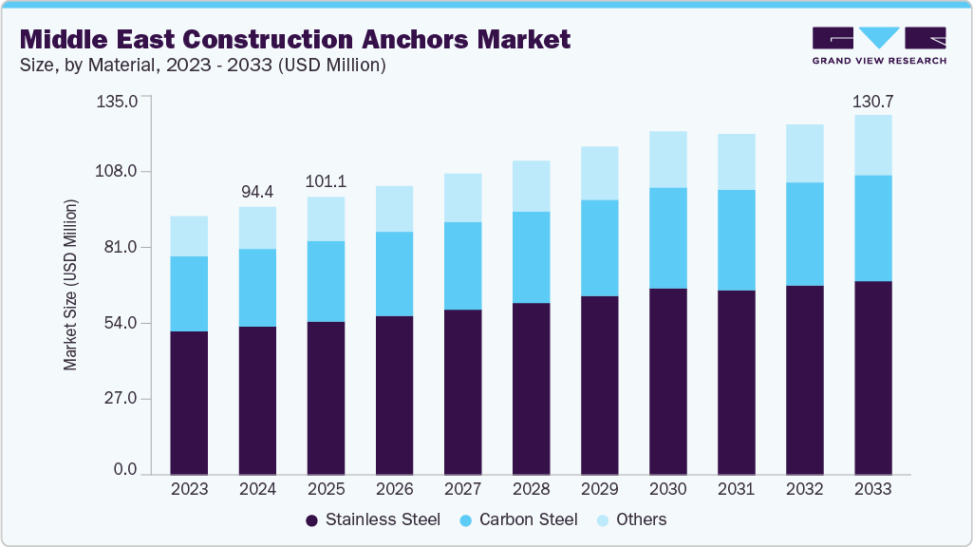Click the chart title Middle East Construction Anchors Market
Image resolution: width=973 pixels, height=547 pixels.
[x=295, y=39]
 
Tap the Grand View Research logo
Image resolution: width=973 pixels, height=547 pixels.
[x=879, y=45]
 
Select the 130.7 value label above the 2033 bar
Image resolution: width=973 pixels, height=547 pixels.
[x=872, y=100]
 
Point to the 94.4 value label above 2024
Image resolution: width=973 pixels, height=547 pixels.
[x=257, y=192]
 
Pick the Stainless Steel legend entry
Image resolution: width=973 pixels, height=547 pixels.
[x=373, y=519]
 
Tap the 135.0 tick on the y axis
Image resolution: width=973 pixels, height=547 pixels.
[x=118, y=100]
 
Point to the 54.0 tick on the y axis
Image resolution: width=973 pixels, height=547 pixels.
[x=120, y=324]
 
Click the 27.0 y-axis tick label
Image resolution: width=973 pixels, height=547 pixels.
[x=120, y=398]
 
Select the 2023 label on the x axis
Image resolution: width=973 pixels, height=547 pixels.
[x=189, y=489]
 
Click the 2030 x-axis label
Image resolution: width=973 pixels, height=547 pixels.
[x=667, y=489]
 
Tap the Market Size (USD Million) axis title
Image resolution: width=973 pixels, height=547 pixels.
[x=70, y=285]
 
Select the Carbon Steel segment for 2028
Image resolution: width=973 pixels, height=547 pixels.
[x=531, y=257]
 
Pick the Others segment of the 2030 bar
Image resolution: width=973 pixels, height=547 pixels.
[x=667, y=160]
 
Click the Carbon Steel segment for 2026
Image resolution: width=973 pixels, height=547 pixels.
[x=394, y=273]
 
